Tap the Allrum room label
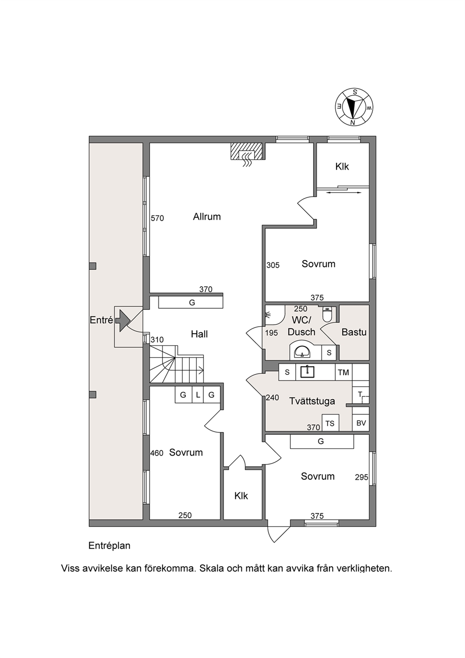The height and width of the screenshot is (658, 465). point(207,217)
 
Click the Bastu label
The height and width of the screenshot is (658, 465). point(354,332)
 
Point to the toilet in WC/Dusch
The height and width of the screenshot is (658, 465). point(327,314)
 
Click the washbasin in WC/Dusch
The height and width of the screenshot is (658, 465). point(302,351)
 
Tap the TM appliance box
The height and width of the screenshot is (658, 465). point(344,373)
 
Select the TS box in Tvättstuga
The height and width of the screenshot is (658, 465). point(330,423)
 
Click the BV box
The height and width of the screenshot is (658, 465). point(361,423)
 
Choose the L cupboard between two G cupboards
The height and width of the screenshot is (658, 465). point(198,395)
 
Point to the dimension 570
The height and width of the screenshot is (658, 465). point(157,218)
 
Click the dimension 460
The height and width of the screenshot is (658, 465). point(157,454)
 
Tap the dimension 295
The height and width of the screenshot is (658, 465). point(361,478)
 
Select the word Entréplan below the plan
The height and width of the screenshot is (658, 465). point(109,546)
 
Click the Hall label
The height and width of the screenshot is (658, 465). point(199,334)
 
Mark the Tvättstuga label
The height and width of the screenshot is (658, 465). point(312,401)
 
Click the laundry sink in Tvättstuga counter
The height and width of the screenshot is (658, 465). point(307,372)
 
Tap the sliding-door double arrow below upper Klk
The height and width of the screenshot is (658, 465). point(344,193)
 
